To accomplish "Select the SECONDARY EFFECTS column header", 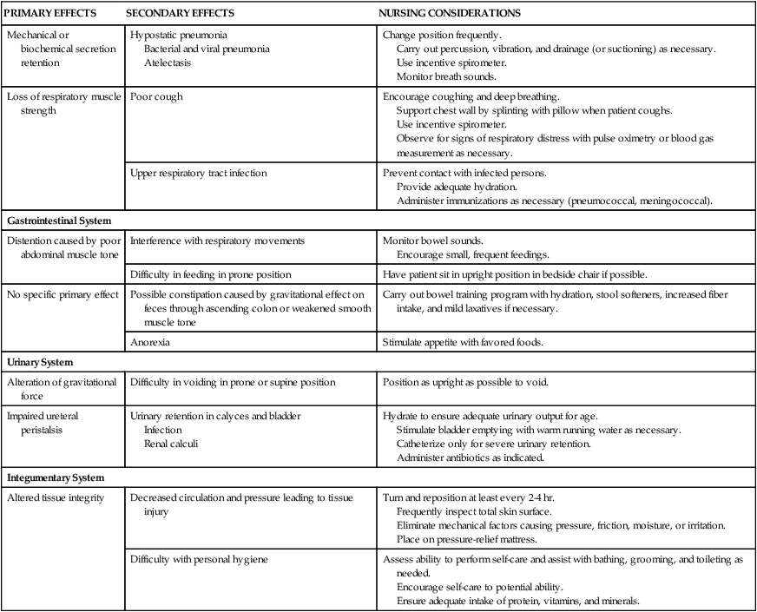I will (181, 15).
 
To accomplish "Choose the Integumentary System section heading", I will (56, 477).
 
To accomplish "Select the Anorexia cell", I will (149, 342).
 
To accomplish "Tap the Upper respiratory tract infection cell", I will (199, 174).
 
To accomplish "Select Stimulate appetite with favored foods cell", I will (463, 342).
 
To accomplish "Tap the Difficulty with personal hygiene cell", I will (199, 560).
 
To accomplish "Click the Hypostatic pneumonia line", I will (179, 35).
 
